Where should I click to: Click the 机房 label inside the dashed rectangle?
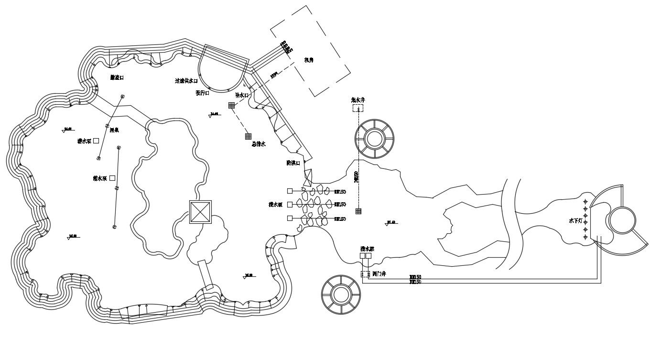[309, 60]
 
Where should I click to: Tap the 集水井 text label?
[358, 100]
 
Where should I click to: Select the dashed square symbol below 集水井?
[358, 109]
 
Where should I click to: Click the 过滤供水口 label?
[186, 81]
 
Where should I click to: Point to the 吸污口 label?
[202, 93]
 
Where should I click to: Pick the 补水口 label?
[242, 95]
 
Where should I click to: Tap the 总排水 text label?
[258, 144]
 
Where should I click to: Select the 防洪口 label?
[293, 163]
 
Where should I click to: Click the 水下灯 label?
[575, 221]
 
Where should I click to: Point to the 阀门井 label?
[379, 274]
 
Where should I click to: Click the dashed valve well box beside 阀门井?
[365, 274]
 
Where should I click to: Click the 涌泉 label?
[114, 130]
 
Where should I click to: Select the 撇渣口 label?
[117, 77]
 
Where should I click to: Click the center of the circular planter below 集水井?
[374, 139]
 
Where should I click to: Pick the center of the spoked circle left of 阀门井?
[340, 295]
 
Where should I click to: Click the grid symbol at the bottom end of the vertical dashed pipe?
[358, 211]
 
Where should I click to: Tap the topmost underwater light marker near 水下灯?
[585, 202]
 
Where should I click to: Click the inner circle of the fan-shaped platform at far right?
[621, 221]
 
